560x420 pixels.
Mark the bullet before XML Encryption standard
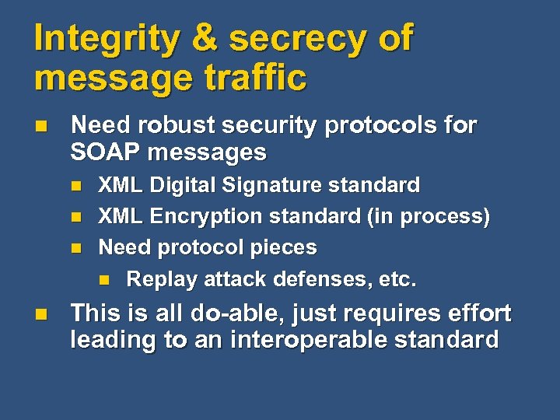(x=75, y=217)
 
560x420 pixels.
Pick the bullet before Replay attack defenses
(x=103, y=279)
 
